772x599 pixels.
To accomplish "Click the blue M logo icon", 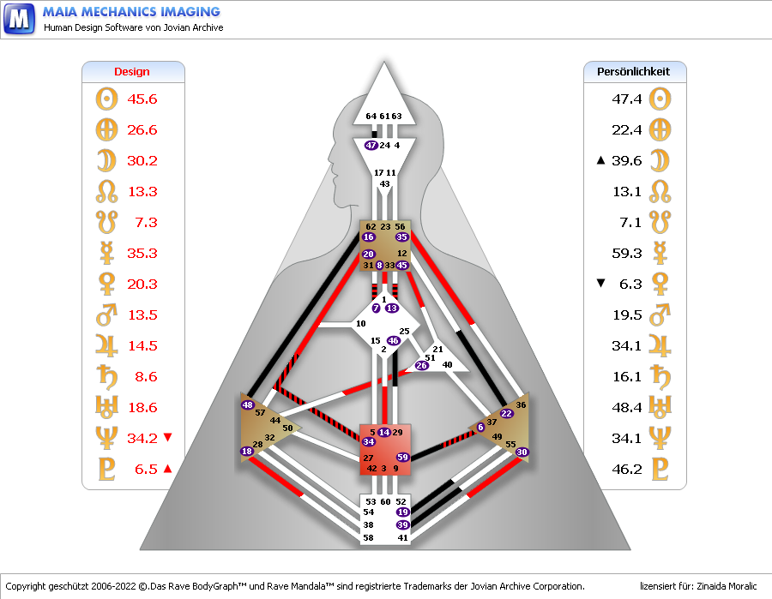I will coord(19,18).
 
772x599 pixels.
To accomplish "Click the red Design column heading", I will coord(131,72).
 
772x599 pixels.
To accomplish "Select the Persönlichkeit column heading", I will coord(633,72).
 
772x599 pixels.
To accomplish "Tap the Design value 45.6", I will coord(142,99).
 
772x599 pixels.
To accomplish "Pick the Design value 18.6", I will coord(142,408).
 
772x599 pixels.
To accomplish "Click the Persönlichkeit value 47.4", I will coord(627,99).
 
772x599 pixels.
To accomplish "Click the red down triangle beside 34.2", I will coord(167,438).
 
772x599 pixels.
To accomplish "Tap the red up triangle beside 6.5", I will coord(167,469).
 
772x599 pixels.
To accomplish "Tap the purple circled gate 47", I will coord(371,146).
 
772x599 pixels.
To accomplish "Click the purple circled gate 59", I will coord(402,458).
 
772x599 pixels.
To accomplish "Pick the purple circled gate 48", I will coord(248,405).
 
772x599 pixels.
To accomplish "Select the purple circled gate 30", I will coord(522,452).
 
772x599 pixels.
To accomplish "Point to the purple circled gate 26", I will coord(421,366).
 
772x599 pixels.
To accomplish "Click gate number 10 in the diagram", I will coord(360,324).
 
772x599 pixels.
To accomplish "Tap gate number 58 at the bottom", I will coord(368,538).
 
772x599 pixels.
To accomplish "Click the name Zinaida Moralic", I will coord(721,586).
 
